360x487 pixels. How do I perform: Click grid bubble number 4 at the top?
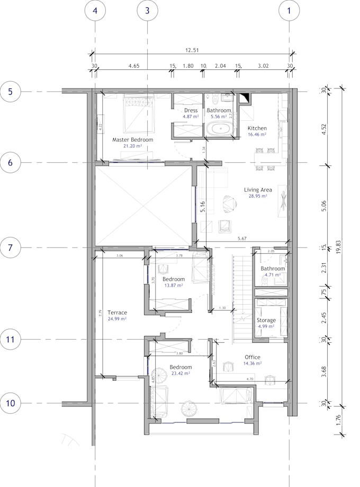pyautogui.click(x=95, y=10)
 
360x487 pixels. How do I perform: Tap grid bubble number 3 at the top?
pyautogui.click(x=147, y=10)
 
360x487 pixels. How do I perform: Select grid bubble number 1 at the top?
pyautogui.click(x=289, y=10)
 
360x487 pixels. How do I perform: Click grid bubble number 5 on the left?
pyautogui.click(x=10, y=92)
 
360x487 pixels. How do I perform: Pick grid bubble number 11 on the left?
pyautogui.click(x=10, y=339)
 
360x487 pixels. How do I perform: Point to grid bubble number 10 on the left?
pyautogui.click(x=10, y=403)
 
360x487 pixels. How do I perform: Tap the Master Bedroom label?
pyautogui.click(x=132, y=140)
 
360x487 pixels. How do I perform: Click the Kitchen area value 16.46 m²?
pyautogui.click(x=257, y=135)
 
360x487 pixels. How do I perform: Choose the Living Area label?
pyautogui.click(x=258, y=189)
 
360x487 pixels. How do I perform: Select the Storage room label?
pyautogui.click(x=266, y=320)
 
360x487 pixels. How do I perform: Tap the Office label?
pyautogui.click(x=253, y=357)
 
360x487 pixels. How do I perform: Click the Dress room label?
pyautogui.click(x=191, y=110)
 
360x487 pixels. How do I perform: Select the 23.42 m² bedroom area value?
pyautogui.click(x=181, y=373)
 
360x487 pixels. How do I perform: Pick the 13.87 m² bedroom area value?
pyautogui.click(x=173, y=285)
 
